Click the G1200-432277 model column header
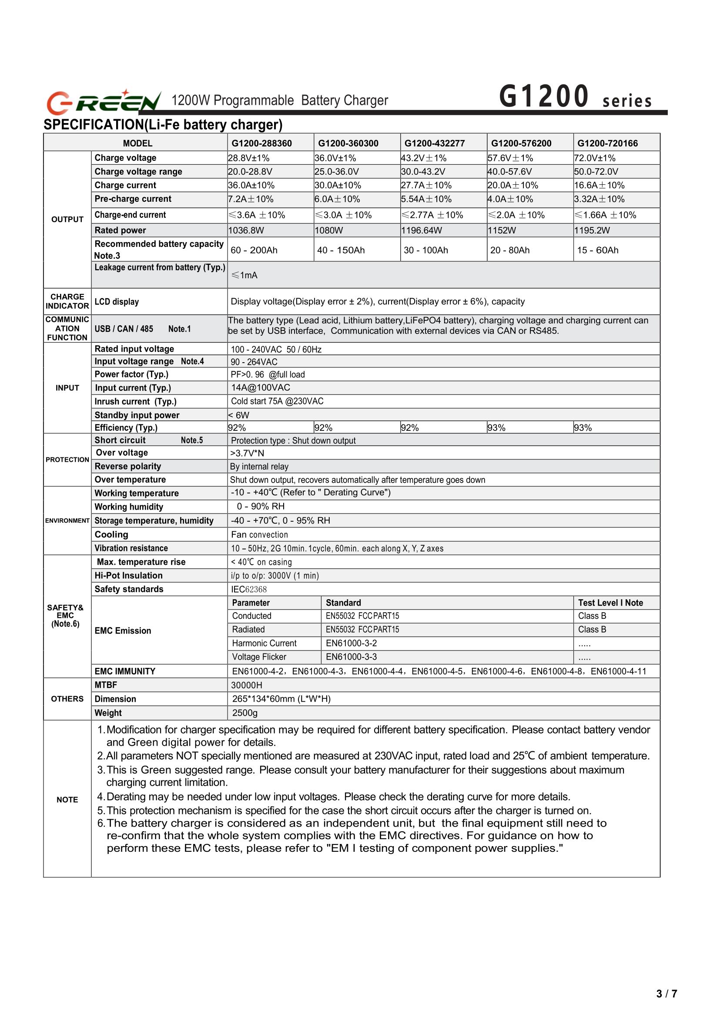(435, 143)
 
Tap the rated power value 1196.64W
(422, 230)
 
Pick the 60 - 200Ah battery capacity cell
(254, 250)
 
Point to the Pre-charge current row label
(133, 199)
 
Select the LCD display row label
(117, 302)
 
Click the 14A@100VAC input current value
(261, 388)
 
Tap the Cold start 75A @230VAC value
(277, 401)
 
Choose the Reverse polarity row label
(127, 466)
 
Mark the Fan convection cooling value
(259, 535)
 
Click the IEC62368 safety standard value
(249, 589)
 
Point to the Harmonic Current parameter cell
(264, 644)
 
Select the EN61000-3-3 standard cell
(351, 657)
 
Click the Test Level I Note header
(610, 603)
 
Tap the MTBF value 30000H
(247, 686)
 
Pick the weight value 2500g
(245, 713)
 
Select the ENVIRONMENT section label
(67, 521)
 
